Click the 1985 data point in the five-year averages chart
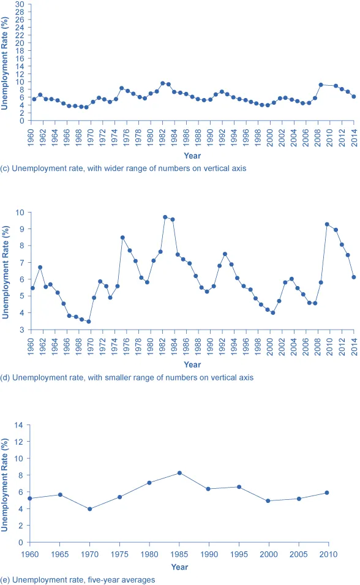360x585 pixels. (x=179, y=473)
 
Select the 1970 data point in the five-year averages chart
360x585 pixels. (x=89, y=509)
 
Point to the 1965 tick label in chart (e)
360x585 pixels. (x=60, y=554)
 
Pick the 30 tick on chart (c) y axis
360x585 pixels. (x=20, y=4)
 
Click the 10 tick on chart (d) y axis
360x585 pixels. (x=21, y=213)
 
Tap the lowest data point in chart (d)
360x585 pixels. (x=89, y=322)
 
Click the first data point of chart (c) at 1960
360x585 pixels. (x=34, y=99)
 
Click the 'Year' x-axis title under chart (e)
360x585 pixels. (x=179, y=567)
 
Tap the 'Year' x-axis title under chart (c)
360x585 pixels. (x=192, y=156)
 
